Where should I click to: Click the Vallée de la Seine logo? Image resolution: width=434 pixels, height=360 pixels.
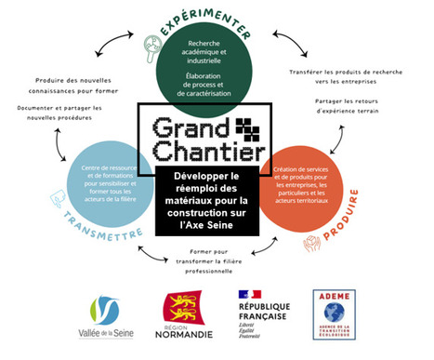104,316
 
